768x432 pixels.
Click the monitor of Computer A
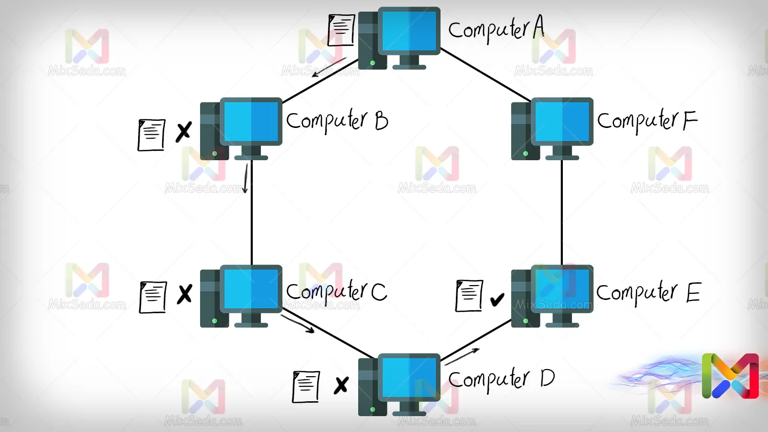tap(409, 31)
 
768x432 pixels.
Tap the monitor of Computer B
tap(251, 121)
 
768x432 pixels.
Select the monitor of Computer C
tap(251, 289)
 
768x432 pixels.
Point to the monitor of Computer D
tap(409, 377)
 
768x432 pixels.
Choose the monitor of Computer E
tap(562, 289)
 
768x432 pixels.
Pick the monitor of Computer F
tap(562, 121)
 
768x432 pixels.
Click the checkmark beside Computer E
tap(497, 299)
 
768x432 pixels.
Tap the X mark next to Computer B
tap(184, 132)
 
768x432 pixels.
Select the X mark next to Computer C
tap(184, 294)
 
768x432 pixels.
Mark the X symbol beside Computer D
tap(341, 385)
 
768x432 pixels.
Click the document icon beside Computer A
tap(341, 30)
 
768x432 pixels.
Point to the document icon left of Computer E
tap(469, 295)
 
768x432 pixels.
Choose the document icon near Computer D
tap(306, 386)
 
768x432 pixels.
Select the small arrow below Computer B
tap(246, 178)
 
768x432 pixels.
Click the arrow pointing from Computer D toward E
tap(462, 356)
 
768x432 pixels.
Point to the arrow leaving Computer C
tap(298, 324)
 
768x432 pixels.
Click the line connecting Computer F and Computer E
tap(562, 212)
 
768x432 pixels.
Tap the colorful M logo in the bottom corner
tap(730, 376)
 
